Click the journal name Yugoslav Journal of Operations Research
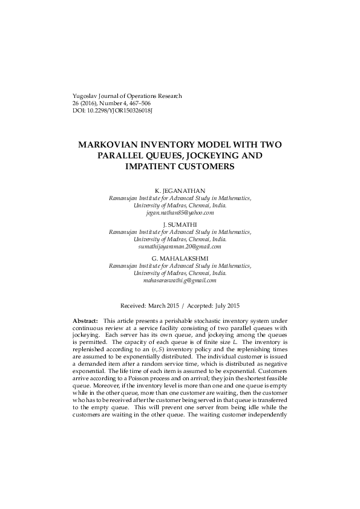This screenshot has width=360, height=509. coord(127,96)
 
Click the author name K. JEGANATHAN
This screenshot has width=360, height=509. coord(180,191)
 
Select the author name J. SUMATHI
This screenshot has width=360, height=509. coord(180,224)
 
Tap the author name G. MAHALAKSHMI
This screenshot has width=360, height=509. coord(180,258)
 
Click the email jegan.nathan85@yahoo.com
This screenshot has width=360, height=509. coord(180,213)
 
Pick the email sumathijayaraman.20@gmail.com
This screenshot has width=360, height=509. coord(180,247)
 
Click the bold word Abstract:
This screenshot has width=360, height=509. coord(85,320)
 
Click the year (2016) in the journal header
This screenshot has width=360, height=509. coord(81,103)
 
